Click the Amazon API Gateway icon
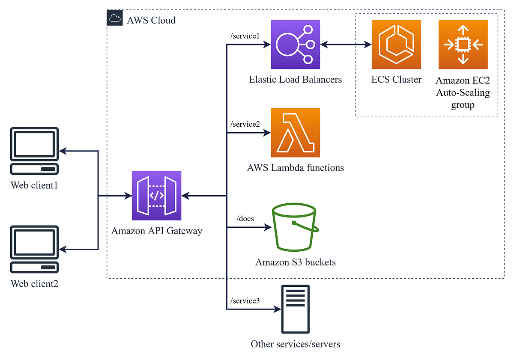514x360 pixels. pos(157,196)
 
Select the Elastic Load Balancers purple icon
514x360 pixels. pos(296,44)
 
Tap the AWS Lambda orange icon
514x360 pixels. pos(296,133)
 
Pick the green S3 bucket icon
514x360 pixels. pos(295,226)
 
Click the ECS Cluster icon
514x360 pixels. pos(396,44)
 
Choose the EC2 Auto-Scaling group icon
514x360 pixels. pos(463,44)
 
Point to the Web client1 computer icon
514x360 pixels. pos(34,151)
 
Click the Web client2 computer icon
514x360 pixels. pos(34,249)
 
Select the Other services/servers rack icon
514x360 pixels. pos(294,309)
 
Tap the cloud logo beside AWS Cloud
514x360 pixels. pos(115,18)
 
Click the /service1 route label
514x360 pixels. pos(245,36)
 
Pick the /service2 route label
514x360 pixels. pos(245,124)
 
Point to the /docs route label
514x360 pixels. pos(245,218)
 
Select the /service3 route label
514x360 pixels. pos(245,300)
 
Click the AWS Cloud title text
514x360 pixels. pos(151,20)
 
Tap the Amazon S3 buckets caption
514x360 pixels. pos(296,262)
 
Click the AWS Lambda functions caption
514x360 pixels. pos(296,168)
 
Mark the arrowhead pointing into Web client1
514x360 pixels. pos(63,151)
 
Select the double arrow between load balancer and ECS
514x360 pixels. pos(346,44)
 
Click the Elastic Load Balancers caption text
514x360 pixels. pos(296,79)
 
